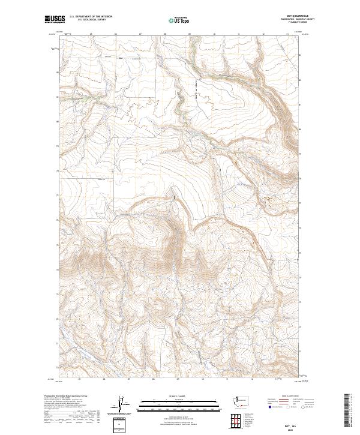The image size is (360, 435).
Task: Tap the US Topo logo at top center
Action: point(180,20)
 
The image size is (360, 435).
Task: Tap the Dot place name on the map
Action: point(120,58)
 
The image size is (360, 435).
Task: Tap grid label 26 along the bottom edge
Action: point(104,379)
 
